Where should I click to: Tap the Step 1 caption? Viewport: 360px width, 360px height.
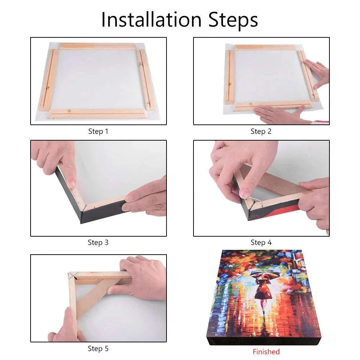click(x=98, y=131)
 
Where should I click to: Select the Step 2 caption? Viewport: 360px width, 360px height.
click(x=261, y=131)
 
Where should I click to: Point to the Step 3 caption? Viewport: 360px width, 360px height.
click(x=98, y=242)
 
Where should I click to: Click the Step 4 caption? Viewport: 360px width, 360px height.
click(x=261, y=242)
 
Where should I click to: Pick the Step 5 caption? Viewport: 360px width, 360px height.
click(x=98, y=348)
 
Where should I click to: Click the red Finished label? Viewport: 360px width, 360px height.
click(x=266, y=351)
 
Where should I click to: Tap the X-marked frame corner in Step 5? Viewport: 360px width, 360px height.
click(x=73, y=276)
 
